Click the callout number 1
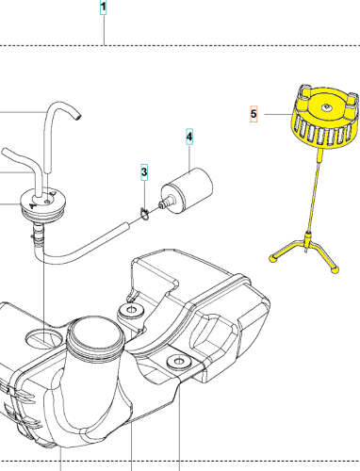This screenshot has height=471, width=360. pos(104,7)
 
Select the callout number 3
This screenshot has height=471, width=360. pos(144,172)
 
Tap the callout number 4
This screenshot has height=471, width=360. pos(189,137)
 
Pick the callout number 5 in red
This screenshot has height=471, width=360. pos(254,114)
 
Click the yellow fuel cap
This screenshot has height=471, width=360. pos(325,117)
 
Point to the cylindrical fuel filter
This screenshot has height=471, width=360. pos(188,190)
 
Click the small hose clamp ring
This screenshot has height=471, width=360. pos(144,214)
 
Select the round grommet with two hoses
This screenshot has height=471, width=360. pos(43,204)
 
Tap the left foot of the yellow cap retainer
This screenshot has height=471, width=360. pos(273,258)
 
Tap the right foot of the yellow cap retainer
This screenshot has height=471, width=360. pos(335,269)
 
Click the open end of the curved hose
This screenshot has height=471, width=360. pos(77,118)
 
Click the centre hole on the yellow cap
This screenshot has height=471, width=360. pos(327,107)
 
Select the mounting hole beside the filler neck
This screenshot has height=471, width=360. pos(131,310)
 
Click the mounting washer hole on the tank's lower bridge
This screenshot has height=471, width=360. pos(179,362)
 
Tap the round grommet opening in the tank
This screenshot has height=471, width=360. pos(44,338)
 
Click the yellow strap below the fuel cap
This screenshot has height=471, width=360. pos(314,190)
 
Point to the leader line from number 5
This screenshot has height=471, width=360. pos(279,114)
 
